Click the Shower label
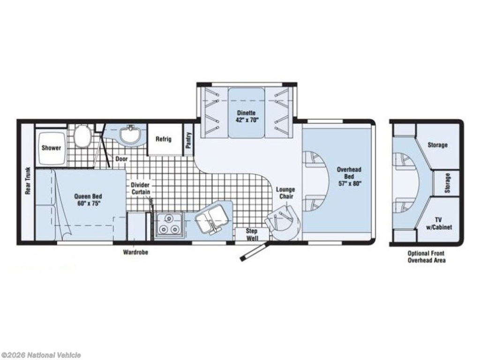click(51, 148)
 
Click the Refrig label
click(164, 139)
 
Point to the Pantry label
click(188, 140)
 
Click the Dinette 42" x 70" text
click(246, 116)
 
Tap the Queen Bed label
click(88, 200)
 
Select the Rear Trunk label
click(28, 180)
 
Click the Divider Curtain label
click(141, 188)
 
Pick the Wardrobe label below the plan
click(135, 252)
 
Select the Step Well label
click(252, 234)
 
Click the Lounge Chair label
click(286, 193)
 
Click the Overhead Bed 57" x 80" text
click(349, 176)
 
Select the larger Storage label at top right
click(437, 145)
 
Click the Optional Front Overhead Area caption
click(427, 256)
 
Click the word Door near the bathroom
click(121, 159)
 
